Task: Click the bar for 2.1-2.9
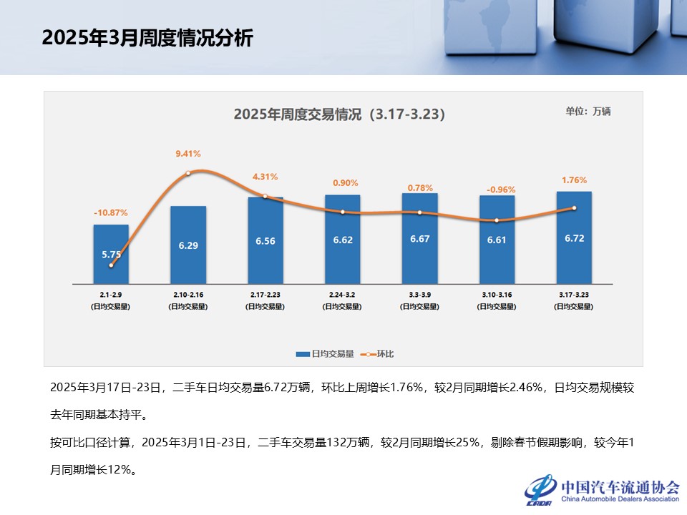111,254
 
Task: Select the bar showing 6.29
188,245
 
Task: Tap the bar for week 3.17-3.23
574,237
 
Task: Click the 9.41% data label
188,154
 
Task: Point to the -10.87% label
111,212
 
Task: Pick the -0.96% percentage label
501,190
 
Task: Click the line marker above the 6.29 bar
188,173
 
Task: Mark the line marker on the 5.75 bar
111,265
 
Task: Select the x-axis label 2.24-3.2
343,294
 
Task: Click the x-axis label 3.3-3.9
419,294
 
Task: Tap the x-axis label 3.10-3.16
497,294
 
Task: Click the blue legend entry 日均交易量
326,353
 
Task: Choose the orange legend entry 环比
379,353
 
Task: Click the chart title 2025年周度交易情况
339,114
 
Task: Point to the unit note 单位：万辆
588,111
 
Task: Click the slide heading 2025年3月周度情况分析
147,38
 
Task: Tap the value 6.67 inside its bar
419,239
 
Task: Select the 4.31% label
265,177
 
